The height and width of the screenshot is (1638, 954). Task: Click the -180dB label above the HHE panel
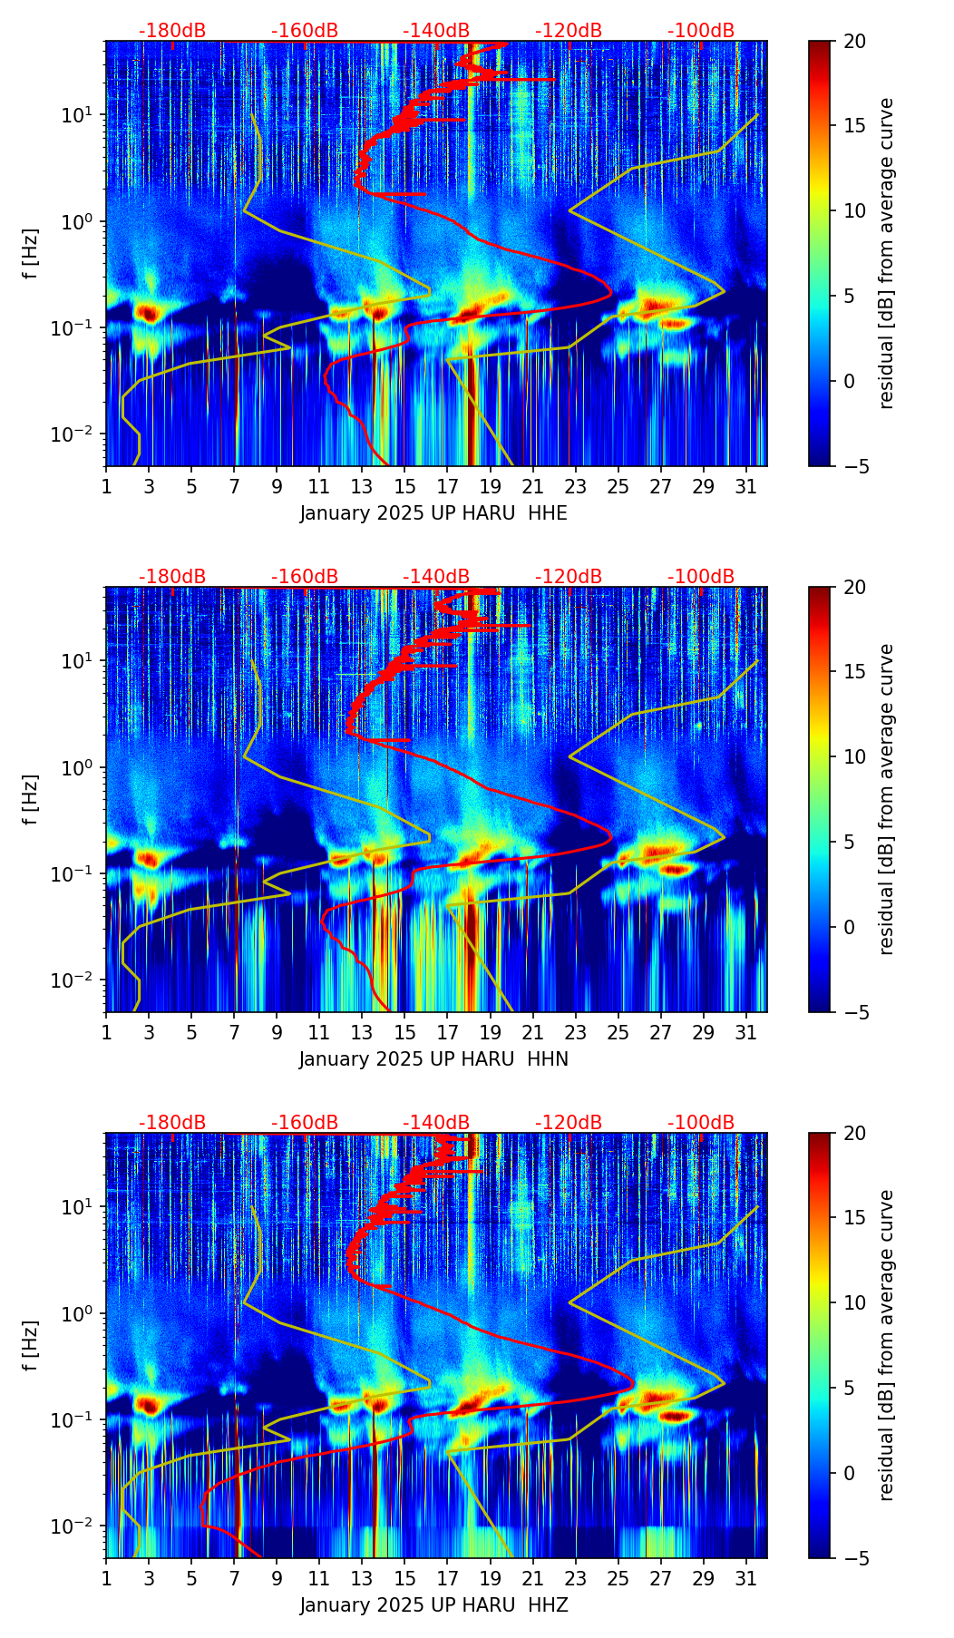172,31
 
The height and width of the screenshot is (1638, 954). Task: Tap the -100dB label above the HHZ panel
701,1123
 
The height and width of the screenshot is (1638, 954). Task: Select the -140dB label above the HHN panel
436,577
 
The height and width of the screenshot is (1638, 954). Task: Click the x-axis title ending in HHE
433,513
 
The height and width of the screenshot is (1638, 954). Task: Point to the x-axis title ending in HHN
433,1059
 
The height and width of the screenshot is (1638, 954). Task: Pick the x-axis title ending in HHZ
433,1605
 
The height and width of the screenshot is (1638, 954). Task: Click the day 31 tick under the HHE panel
746,487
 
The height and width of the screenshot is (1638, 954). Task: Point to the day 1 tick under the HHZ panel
106,1579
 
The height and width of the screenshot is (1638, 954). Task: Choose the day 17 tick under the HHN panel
448,1033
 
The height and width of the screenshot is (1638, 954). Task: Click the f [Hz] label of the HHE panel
31,254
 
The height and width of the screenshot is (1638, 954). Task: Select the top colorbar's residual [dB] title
887,254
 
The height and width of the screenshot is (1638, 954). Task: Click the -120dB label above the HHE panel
569,31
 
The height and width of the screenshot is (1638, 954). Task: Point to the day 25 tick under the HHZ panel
618,1579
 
